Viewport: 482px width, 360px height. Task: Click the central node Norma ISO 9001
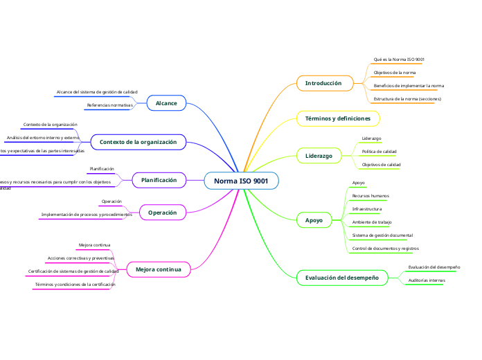[241, 181]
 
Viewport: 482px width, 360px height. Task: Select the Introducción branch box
[323, 83]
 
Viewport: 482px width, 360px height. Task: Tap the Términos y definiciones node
[338, 119]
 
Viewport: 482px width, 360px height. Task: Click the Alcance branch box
[166, 103]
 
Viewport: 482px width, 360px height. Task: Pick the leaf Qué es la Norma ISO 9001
[399, 60]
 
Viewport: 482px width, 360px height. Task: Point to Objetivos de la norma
[395, 73]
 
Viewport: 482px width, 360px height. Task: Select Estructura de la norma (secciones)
[407, 99]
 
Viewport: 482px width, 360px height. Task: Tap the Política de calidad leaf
[380, 151]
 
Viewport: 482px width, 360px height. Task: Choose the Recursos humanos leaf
[371, 196]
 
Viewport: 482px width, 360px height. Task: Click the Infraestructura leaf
[367, 208]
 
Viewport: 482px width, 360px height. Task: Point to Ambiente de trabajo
[372, 222]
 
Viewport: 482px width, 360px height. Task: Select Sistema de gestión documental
[382, 235]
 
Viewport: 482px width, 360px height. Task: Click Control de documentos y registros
[385, 248]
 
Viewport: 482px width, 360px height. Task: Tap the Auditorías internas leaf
[427, 280]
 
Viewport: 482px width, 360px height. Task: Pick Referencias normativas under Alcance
[109, 105]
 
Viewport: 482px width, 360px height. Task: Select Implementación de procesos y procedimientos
[87, 215]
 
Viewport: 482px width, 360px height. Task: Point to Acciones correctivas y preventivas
[81, 258]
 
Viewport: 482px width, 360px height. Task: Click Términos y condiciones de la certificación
[75, 285]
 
